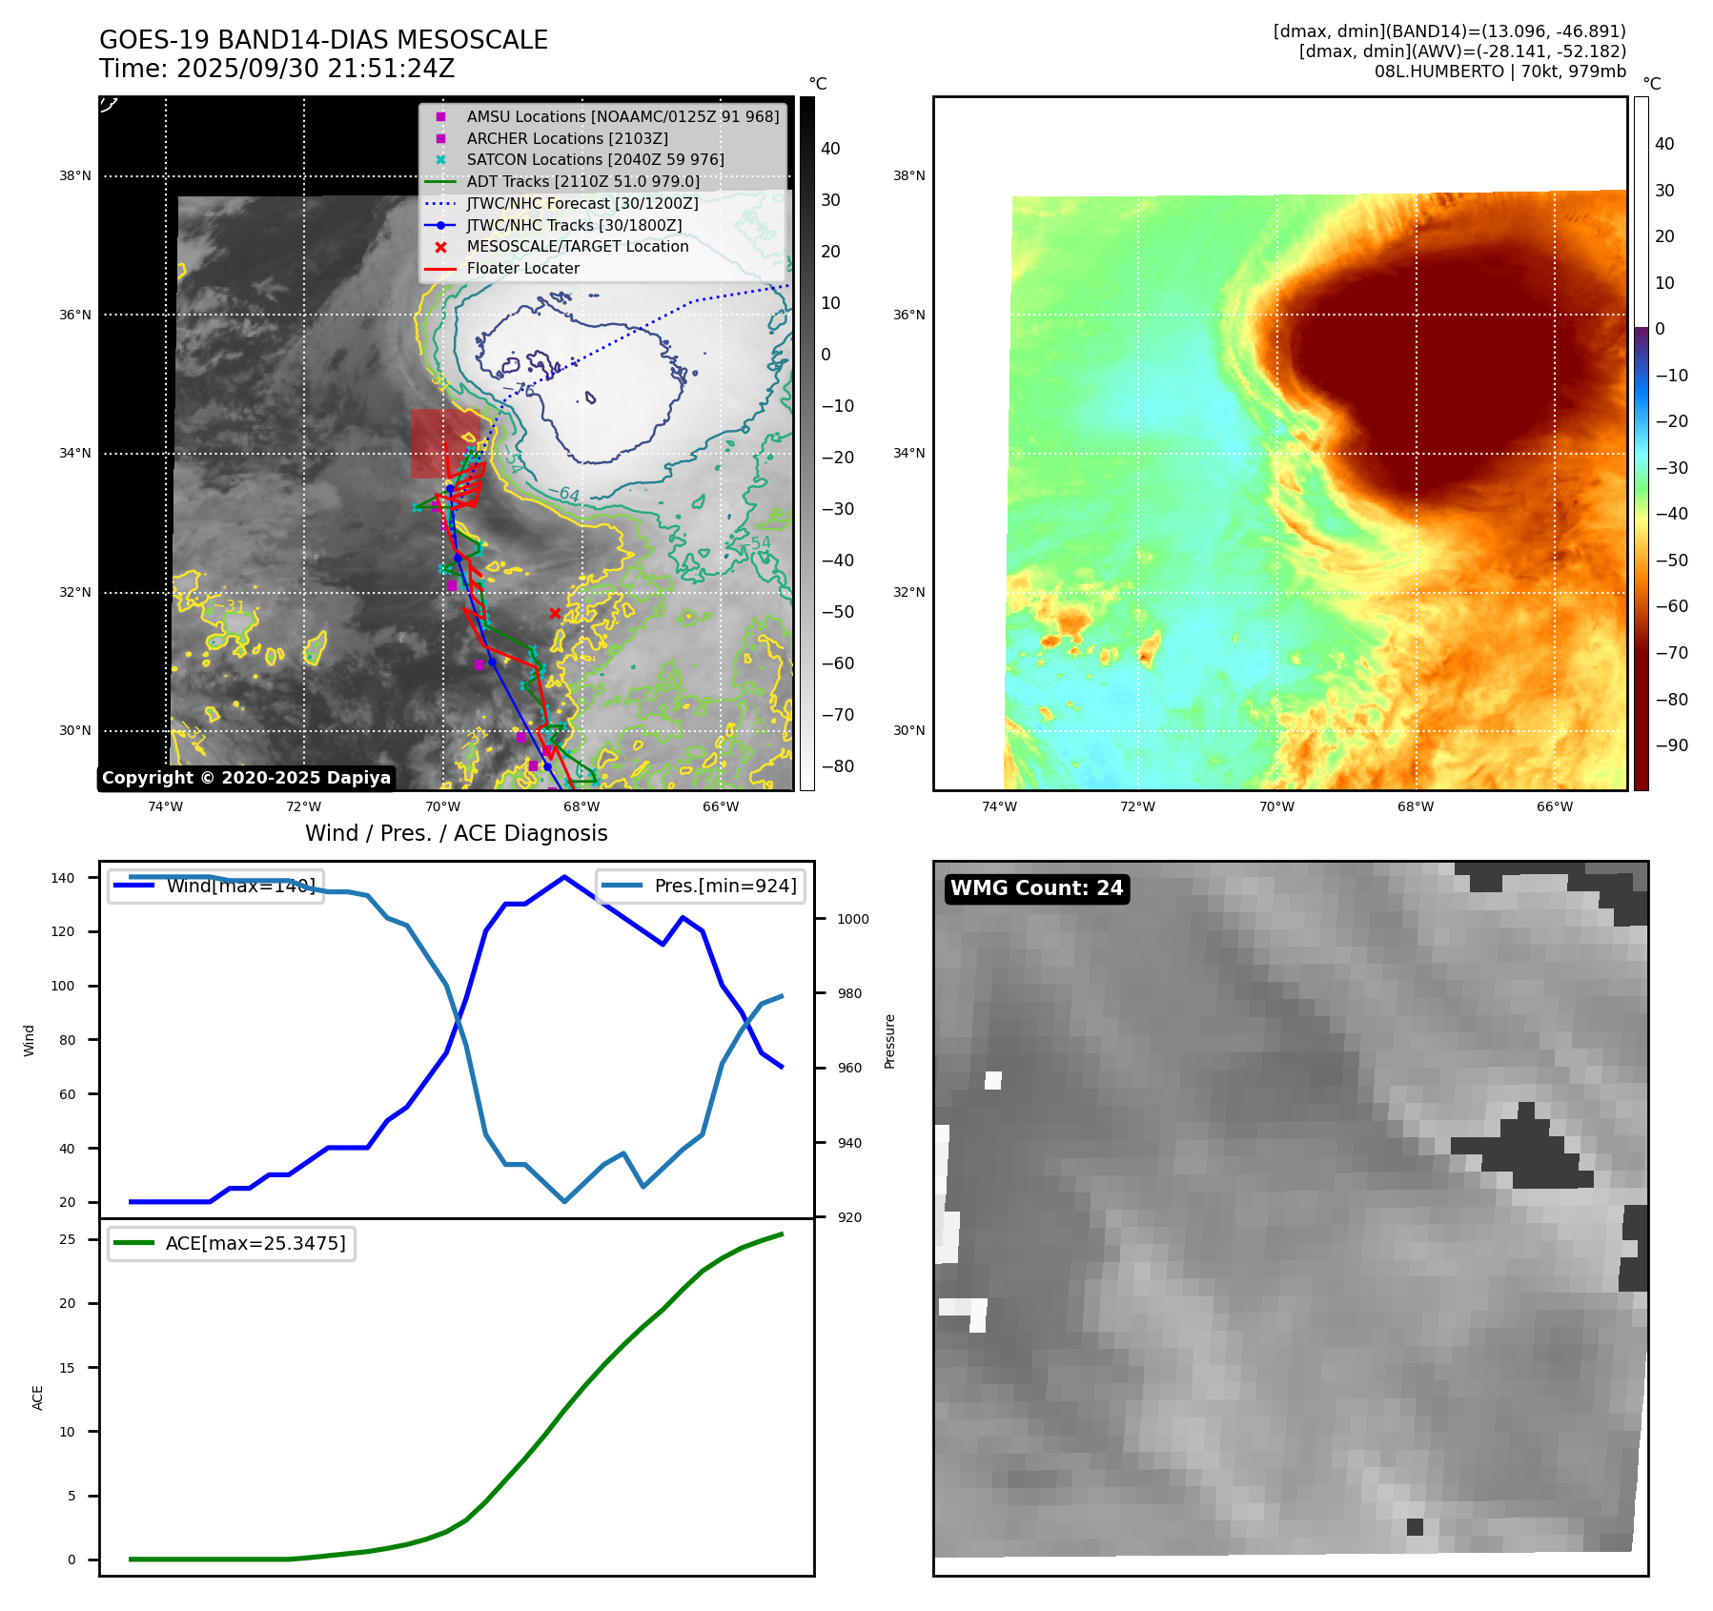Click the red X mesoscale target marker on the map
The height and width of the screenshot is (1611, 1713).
(555, 613)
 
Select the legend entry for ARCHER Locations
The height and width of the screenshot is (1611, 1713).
(567, 138)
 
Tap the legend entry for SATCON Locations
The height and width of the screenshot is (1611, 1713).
(595, 159)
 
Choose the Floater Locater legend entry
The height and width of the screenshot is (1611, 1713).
(522, 268)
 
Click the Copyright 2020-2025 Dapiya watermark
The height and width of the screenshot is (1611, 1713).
(246, 778)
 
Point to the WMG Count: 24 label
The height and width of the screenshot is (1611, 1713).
(1036, 888)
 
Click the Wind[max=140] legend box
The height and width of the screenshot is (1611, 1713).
(216, 886)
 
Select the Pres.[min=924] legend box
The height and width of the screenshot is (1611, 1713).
(701, 886)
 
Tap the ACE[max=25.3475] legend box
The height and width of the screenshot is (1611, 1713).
(232, 1243)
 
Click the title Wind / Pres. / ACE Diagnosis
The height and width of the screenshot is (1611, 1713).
(456, 833)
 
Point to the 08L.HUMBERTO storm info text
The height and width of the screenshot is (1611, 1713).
(1499, 71)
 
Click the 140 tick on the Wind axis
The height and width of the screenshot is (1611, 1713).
(63, 878)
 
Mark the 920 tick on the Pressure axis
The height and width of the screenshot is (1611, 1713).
(848, 1217)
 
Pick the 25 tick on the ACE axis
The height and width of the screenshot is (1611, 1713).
(67, 1239)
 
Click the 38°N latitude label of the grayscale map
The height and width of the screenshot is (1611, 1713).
(75, 175)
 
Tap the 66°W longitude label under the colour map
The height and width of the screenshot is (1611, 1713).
(1554, 806)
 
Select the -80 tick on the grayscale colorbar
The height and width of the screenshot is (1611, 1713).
(838, 766)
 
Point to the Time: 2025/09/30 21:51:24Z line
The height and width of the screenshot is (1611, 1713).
(276, 69)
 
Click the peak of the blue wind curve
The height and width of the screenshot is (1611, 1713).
(564, 877)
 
